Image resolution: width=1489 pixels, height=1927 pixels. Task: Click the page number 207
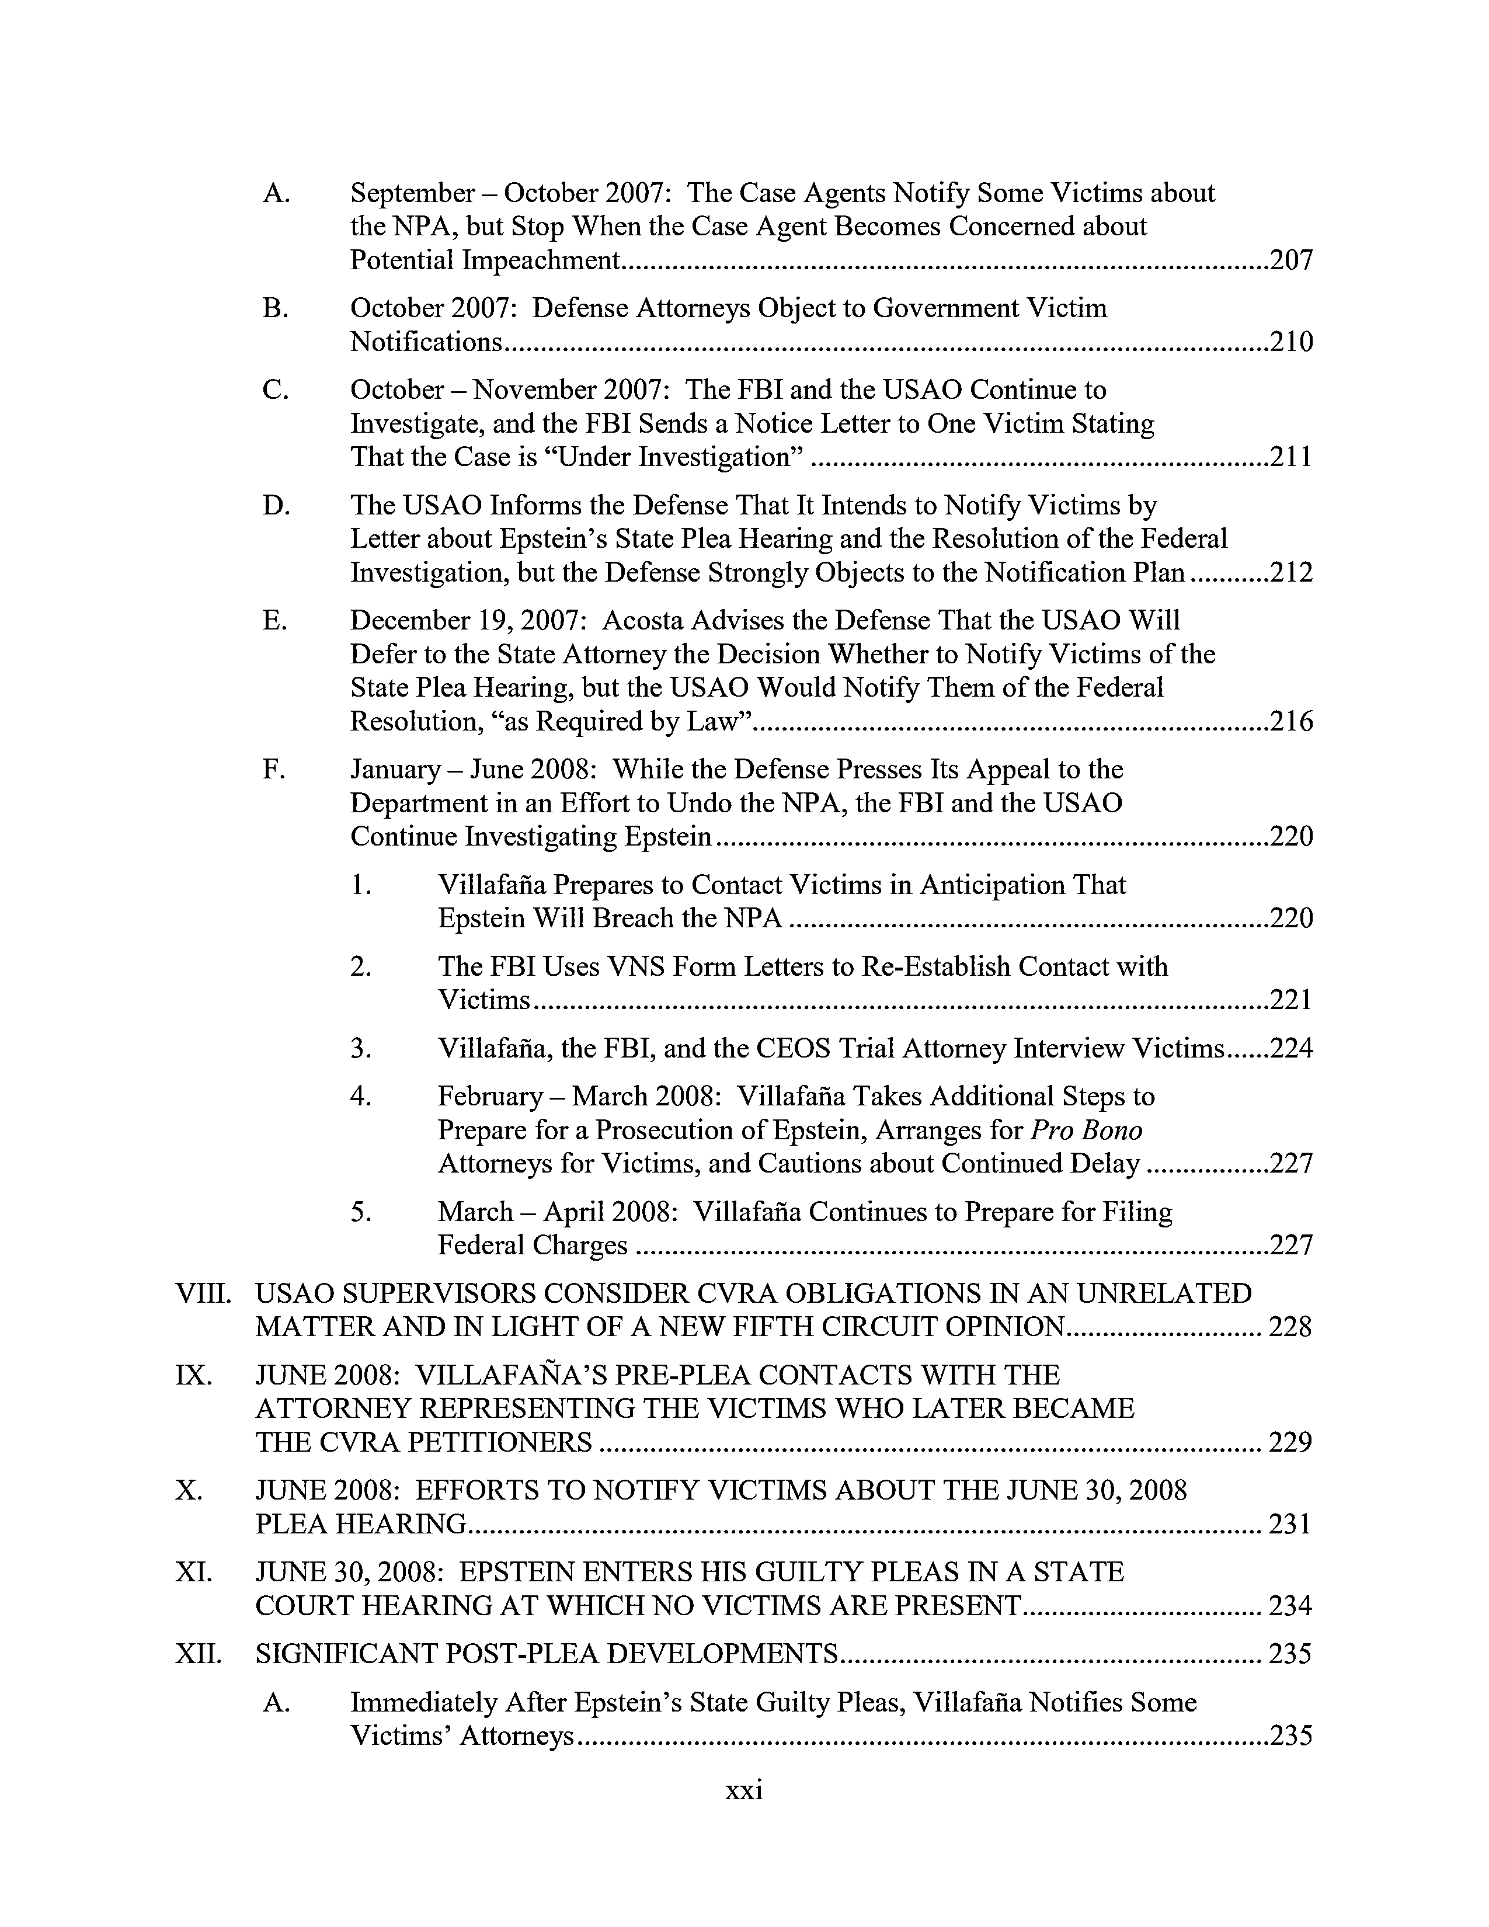coord(1290,260)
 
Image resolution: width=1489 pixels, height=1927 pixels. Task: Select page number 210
coord(1290,342)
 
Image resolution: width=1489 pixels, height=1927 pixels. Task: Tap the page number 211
coord(1290,457)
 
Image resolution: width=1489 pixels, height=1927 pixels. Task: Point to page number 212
coord(1290,573)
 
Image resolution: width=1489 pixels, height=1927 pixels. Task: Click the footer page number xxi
coord(743,1790)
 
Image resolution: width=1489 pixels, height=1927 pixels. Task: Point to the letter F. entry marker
coord(273,770)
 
